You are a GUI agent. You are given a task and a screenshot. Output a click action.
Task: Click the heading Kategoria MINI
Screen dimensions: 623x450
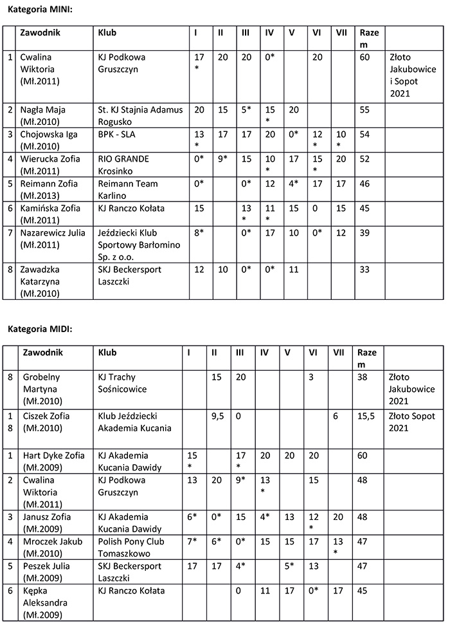[40, 10]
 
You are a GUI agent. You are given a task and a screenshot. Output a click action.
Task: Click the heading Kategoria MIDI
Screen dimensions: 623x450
[40, 329]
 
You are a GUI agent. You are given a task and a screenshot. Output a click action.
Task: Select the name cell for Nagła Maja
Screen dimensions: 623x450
[42, 115]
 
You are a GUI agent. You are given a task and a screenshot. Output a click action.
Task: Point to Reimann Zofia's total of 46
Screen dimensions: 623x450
[364, 183]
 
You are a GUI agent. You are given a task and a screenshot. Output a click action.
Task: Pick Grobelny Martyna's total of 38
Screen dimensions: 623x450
[364, 377]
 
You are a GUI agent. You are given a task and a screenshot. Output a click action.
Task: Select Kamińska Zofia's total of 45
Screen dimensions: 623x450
[364, 208]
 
